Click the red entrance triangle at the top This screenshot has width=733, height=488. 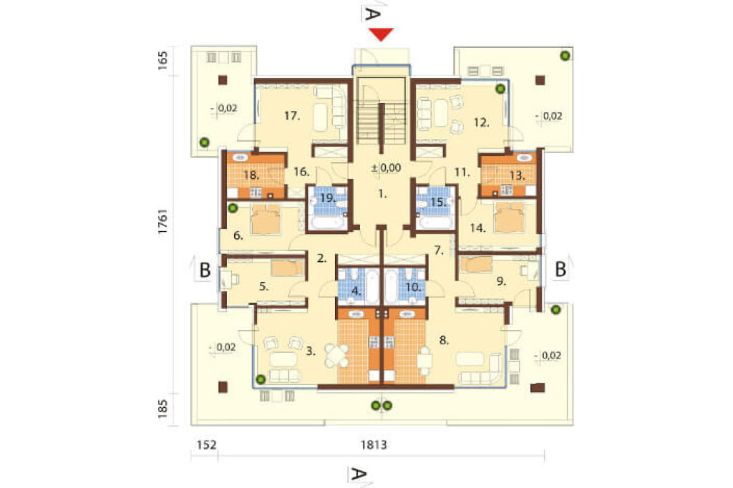(x=381, y=34)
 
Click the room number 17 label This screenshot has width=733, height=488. (x=292, y=115)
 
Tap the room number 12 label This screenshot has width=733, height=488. (x=481, y=122)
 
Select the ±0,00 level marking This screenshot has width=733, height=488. (x=386, y=167)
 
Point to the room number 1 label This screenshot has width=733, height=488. (x=382, y=193)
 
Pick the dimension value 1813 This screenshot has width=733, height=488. (x=374, y=444)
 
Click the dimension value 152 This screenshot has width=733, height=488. (x=206, y=444)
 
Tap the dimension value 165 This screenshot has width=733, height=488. (x=162, y=61)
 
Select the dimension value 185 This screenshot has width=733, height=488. (x=162, y=409)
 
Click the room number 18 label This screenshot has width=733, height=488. (x=251, y=175)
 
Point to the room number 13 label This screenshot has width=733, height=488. (x=517, y=176)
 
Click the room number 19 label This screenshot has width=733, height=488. (x=328, y=197)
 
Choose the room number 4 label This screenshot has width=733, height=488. (x=356, y=291)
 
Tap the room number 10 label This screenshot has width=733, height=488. (x=413, y=287)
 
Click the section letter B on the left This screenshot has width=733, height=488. (x=205, y=270)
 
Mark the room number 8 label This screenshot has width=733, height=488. (x=444, y=341)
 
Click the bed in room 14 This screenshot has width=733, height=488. (x=510, y=218)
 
